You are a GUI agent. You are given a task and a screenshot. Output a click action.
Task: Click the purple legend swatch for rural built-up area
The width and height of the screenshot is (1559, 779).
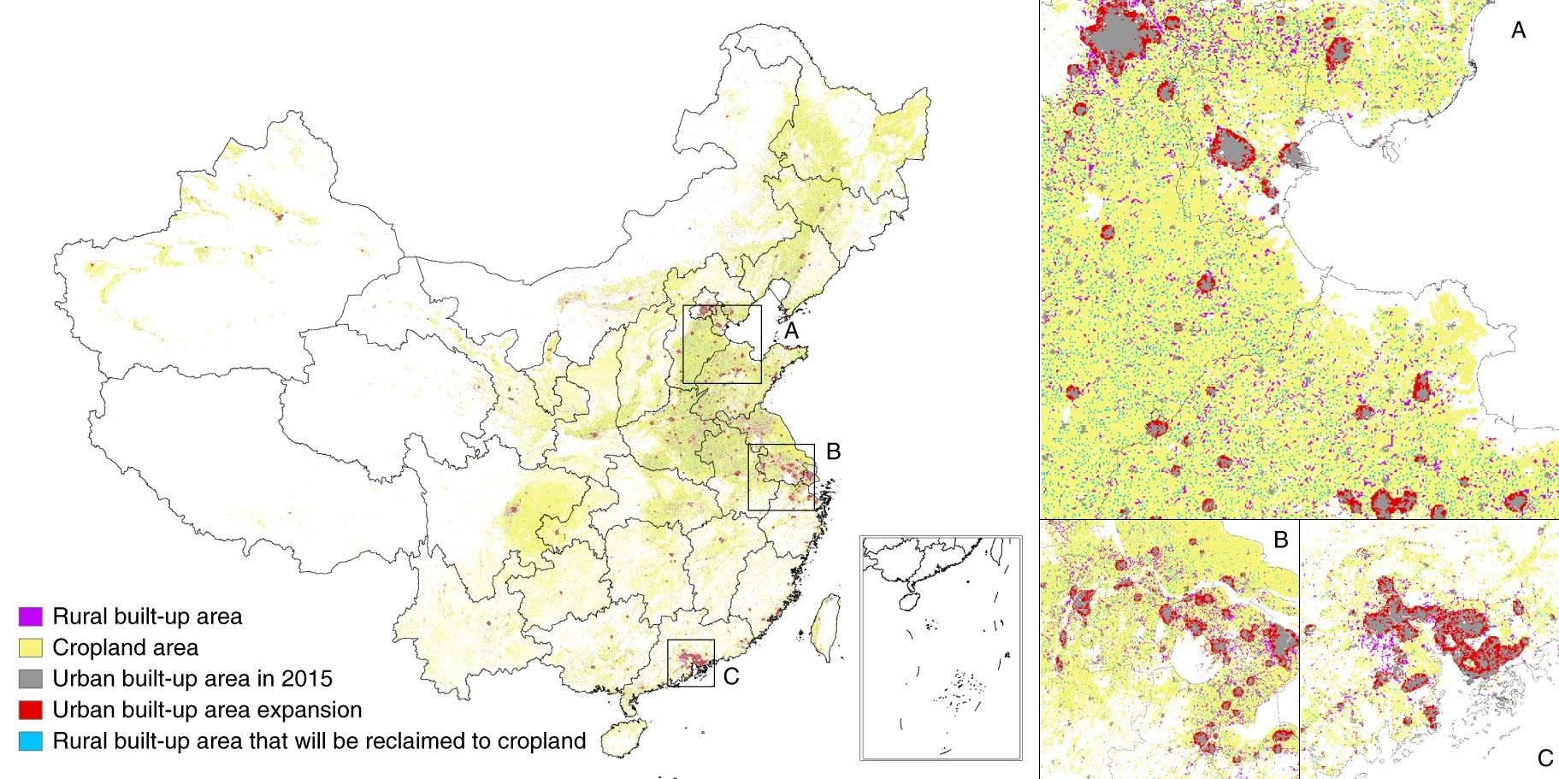[x=31, y=617]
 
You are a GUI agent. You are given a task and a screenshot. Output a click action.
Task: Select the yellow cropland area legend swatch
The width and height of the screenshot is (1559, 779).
[x=31, y=647]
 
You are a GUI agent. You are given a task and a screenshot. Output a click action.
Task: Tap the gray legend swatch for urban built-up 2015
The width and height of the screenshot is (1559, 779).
[x=31, y=679]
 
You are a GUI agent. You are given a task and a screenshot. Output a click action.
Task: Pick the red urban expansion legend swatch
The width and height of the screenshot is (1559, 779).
[x=31, y=710]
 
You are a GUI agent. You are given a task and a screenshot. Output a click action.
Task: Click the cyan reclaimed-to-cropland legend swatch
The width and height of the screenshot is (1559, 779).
[x=31, y=741]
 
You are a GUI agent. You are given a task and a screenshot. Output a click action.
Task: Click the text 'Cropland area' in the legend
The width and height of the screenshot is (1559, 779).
[x=125, y=647]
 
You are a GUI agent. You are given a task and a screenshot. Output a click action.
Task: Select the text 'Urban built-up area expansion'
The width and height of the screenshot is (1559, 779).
[x=207, y=710]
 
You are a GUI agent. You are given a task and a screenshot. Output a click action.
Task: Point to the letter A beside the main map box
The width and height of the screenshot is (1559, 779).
[x=791, y=330]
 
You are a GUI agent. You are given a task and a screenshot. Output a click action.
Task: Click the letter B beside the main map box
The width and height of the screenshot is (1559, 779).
[x=833, y=451]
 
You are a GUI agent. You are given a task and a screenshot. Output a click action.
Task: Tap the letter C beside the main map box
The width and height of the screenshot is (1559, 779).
[x=730, y=676]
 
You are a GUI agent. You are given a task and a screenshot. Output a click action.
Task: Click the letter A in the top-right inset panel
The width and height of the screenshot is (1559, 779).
[x=1518, y=31]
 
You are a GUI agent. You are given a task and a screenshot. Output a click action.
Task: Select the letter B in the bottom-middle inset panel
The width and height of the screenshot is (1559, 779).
[x=1280, y=540]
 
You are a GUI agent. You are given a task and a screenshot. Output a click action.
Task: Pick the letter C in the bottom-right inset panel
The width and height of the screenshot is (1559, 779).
[x=1544, y=758]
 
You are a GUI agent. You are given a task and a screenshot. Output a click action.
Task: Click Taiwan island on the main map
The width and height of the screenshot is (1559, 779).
[x=824, y=629]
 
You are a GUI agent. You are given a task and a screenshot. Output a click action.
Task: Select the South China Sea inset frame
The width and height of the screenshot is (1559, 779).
[x=941, y=647]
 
